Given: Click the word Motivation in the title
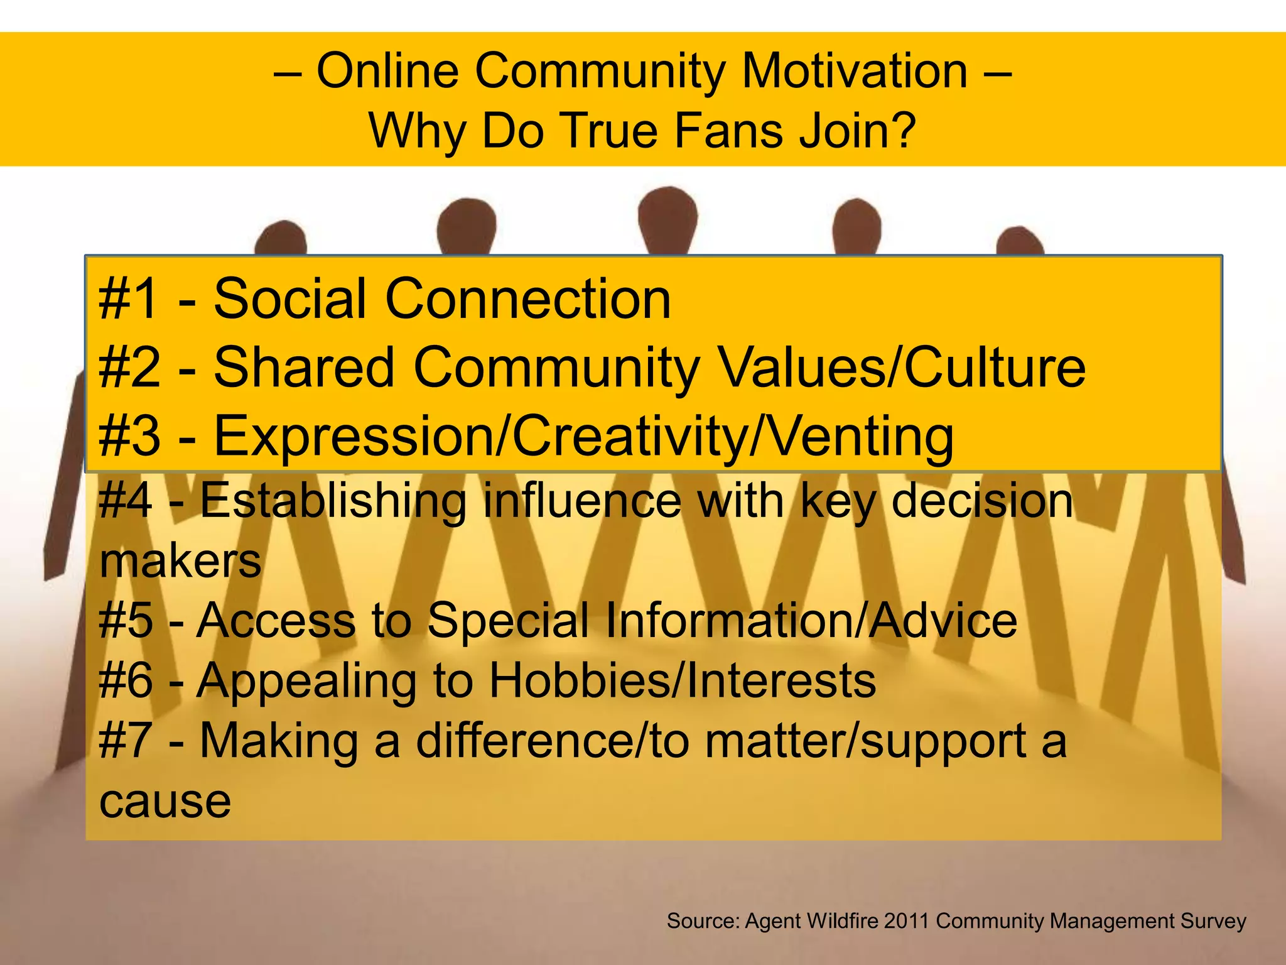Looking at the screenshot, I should [x=855, y=70].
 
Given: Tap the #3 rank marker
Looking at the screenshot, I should [x=128, y=436].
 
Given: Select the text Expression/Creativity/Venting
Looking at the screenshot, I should [x=583, y=436].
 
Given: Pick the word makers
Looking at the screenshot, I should [x=180, y=560].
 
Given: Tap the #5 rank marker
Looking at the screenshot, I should [x=126, y=621].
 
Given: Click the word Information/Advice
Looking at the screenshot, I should [x=811, y=621].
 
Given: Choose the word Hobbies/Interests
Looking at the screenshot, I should [x=682, y=680].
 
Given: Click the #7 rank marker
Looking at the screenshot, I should [x=126, y=741].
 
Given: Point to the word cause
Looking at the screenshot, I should [x=165, y=801].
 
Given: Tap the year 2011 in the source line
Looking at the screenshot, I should [x=906, y=921].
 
